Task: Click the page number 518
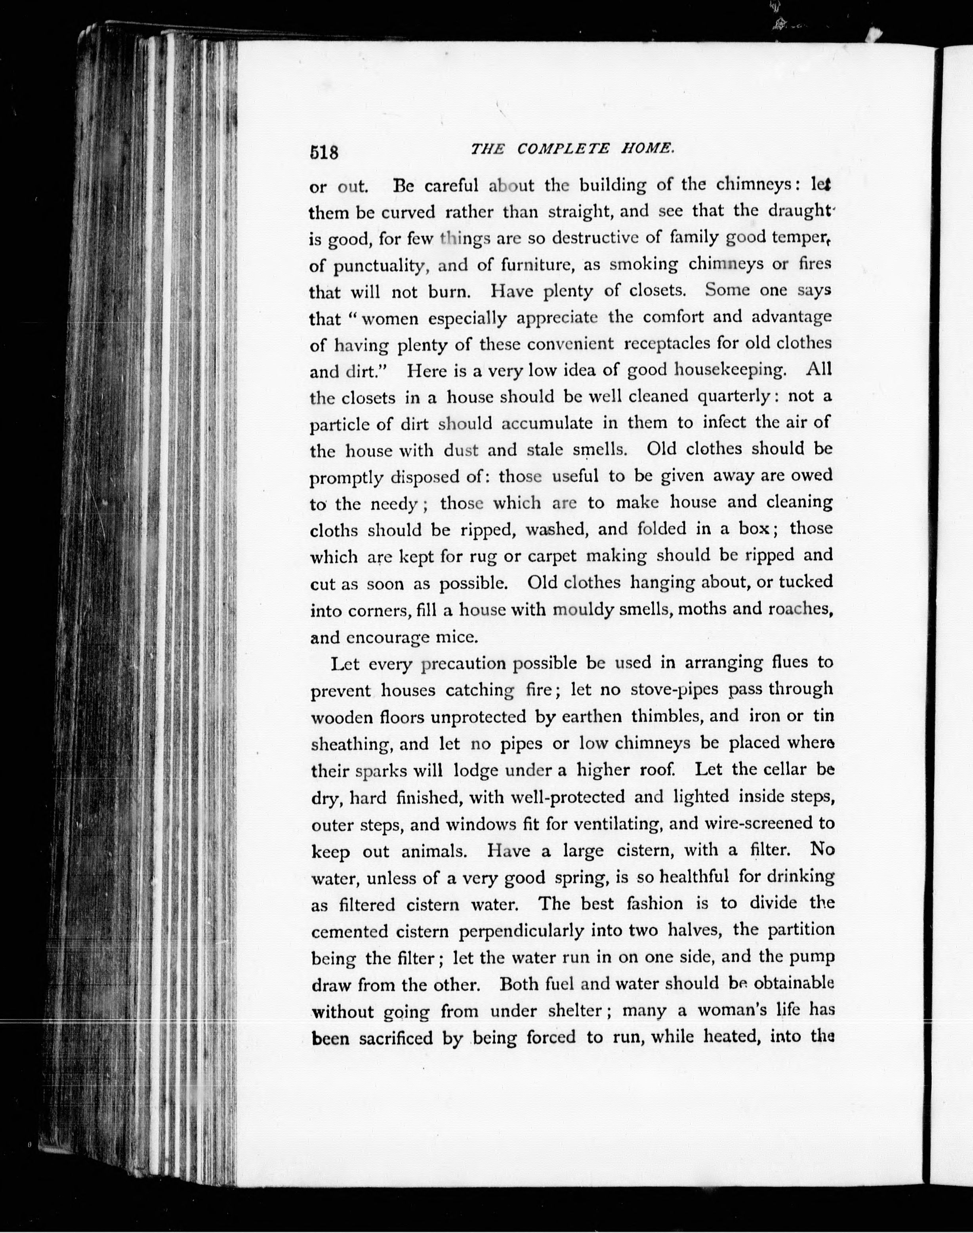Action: (x=324, y=153)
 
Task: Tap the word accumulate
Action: (x=547, y=423)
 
